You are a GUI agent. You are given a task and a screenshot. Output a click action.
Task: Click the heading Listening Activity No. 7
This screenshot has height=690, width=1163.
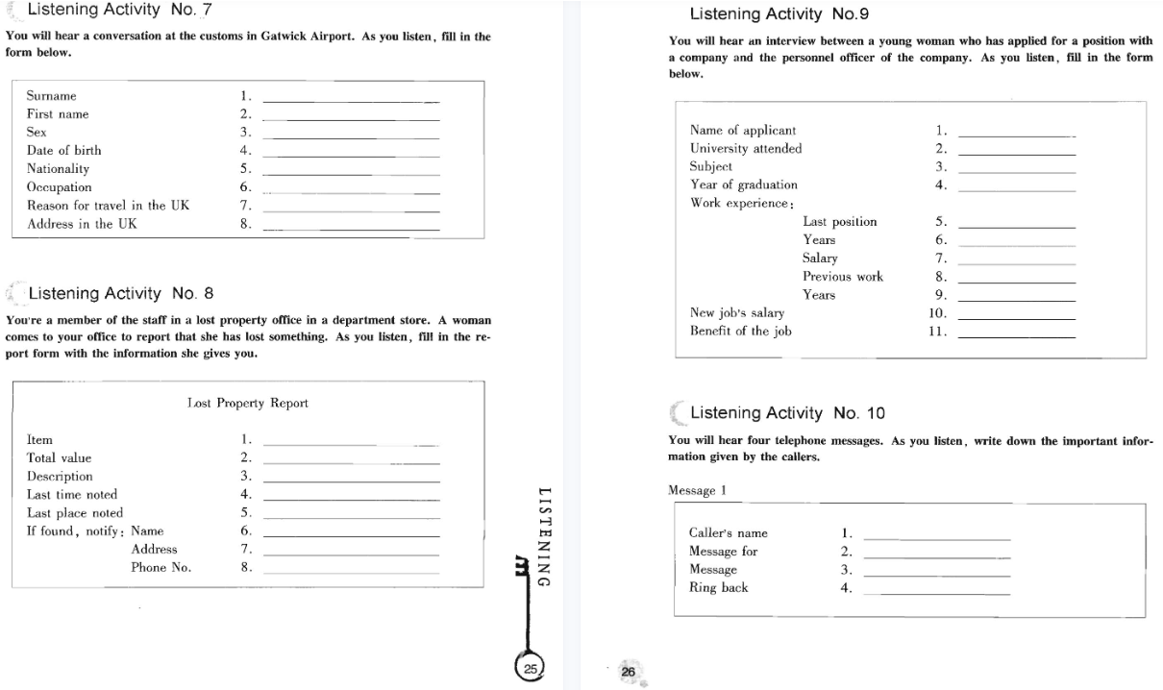[120, 11]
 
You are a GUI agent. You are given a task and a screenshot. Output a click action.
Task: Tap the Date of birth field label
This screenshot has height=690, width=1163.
[63, 151]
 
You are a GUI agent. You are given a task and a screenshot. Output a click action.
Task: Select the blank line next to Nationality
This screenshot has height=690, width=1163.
[350, 174]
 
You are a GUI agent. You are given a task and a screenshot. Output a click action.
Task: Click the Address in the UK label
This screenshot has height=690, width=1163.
[82, 224]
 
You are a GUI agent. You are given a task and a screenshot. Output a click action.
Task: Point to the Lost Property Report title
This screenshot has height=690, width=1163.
[248, 404]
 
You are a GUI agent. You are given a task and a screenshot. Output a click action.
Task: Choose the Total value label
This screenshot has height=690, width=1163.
[59, 458]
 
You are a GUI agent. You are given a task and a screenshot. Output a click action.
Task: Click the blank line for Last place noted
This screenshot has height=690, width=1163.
[350, 518]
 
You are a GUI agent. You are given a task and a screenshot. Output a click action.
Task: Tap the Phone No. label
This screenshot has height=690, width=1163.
[161, 568]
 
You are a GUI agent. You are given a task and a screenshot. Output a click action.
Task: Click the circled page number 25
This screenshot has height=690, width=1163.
[531, 668]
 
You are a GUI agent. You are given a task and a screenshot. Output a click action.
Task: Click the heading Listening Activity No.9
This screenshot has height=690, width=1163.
[779, 14]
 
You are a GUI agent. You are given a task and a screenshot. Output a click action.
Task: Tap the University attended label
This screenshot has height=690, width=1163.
[746, 149]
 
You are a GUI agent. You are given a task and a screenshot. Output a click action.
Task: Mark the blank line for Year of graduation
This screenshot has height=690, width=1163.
[1017, 190]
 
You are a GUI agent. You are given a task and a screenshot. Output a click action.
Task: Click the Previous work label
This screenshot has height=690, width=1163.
[842, 277]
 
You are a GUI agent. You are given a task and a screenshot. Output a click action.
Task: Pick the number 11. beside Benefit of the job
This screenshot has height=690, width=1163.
[938, 332]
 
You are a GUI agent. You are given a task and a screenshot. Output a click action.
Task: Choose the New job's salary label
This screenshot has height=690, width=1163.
[737, 313]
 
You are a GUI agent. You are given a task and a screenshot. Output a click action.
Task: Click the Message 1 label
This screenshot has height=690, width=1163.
[697, 490]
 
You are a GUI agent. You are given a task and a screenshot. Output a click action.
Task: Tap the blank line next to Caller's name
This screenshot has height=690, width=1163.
[937, 538]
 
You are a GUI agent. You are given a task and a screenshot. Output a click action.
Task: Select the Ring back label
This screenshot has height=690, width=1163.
[718, 588]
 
